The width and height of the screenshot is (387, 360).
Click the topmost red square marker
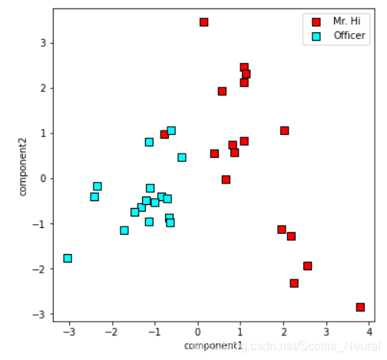pyautogui.click(x=203, y=22)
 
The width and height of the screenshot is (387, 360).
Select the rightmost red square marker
pyautogui.click(x=360, y=307)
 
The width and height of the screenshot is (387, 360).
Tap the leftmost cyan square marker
pyautogui.click(x=68, y=259)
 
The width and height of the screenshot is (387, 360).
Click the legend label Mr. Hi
pyautogui.click(x=346, y=21)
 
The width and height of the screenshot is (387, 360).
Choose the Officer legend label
pyautogui.click(x=349, y=35)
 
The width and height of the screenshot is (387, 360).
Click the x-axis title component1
pyautogui.click(x=213, y=346)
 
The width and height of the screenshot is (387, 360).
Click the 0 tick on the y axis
pyautogui.click(x=45, y=179)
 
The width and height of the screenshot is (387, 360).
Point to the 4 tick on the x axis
pyautogui.click(x=369, y=332)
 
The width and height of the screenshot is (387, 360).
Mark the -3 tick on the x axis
pyautogui.click(x=69, y=332)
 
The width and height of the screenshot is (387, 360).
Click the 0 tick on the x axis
pyautogui.click(x=198, y=332)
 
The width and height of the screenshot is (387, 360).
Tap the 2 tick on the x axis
pyautogui.click(x=283, y=332)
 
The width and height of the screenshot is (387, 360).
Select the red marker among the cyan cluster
pyautogui.click(x=164, y=134)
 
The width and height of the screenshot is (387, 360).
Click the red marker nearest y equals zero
pyautogui.click(x=226, y=180)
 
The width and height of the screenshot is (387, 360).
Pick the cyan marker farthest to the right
pyautogui.click(x=182, y=157)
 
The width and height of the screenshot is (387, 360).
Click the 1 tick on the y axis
pyautogui.click(x=45, y=134)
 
